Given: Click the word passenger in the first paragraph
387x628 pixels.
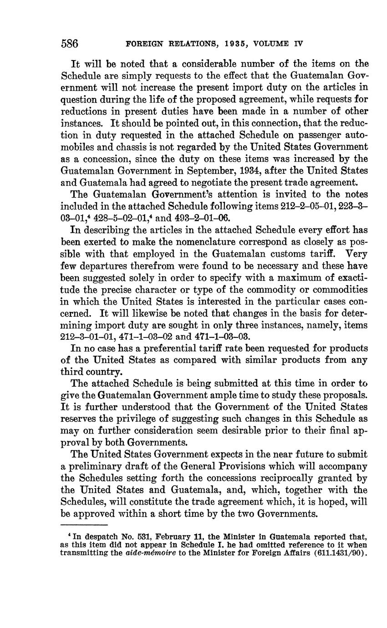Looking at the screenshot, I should (302, 135).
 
